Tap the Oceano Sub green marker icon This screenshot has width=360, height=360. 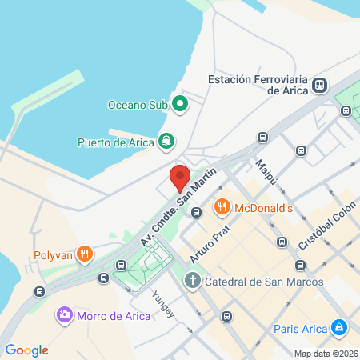pos(181,103)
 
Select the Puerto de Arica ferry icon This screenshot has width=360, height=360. pos(166,142)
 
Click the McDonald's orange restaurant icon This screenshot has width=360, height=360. pos(222,208)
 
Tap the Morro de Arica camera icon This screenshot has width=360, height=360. pos(63,315)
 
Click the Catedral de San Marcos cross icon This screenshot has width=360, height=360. pos(192,281)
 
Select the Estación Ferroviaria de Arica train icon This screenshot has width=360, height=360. pos(320,85)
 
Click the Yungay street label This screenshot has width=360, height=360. pos(162,301)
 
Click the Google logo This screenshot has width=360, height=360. pos(26,350)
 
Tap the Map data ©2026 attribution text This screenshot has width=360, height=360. pos(325,354)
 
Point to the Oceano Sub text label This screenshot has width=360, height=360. pos(139,104)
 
